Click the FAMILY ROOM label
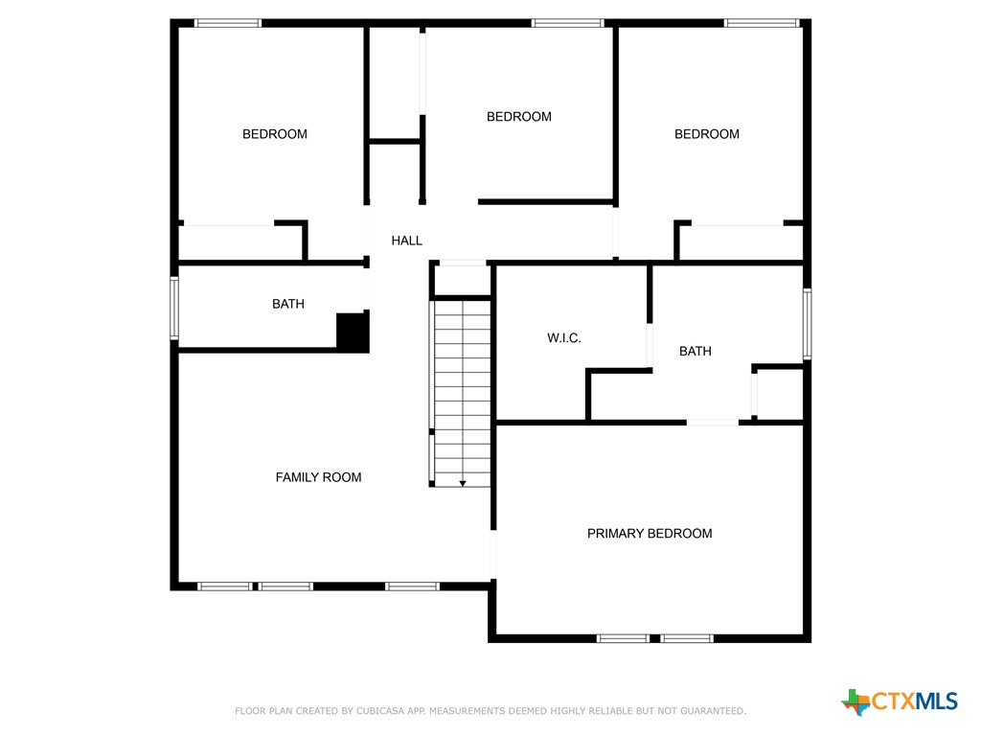(318, 477)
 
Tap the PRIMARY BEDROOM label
(650, 534)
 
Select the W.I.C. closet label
(564, 338)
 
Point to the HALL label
(406, 241)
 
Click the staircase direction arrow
(463, 483)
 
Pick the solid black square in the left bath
(353, 332)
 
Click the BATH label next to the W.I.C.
(695, 352)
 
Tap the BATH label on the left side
(287, 304)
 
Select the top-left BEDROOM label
(275, 134)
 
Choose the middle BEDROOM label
(519, 117)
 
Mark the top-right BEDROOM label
(707, 134)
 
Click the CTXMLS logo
(900, 701)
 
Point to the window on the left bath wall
(174, 308)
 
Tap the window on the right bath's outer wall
(807, 324)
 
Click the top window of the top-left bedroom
(228, 23)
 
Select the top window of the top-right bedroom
(762, 23)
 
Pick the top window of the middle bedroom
(567, 23)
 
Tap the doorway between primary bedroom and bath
(712, 422)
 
